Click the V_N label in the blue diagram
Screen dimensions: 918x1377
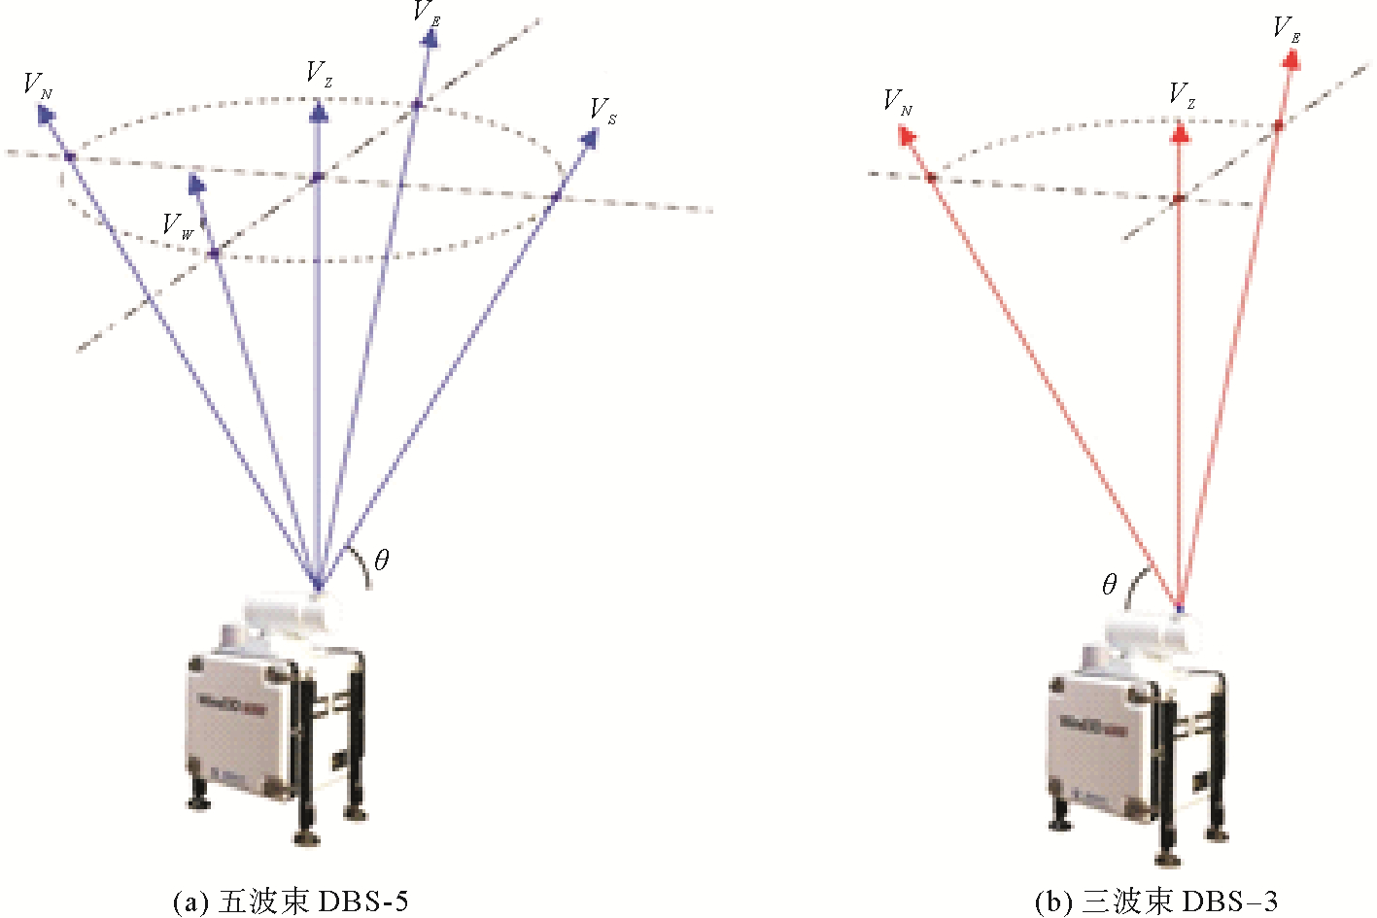(38, 85)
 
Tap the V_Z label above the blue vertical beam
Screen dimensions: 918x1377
(319, 74)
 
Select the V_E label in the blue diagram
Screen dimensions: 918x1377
(427, 13)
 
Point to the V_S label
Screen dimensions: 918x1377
(602, 111)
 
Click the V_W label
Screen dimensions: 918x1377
(178, 227)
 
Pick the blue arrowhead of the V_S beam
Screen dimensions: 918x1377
(588, 138)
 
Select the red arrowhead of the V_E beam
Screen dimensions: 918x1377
(1291, 59)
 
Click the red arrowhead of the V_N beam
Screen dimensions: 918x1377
(906, 136)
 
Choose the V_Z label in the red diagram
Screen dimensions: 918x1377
(1182, 95)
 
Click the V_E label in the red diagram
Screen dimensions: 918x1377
(1287, 29)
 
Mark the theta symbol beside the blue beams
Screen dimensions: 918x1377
(381, 560)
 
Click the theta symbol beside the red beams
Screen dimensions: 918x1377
(1110, 584)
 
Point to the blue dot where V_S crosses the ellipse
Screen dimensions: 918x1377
(556, 197)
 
